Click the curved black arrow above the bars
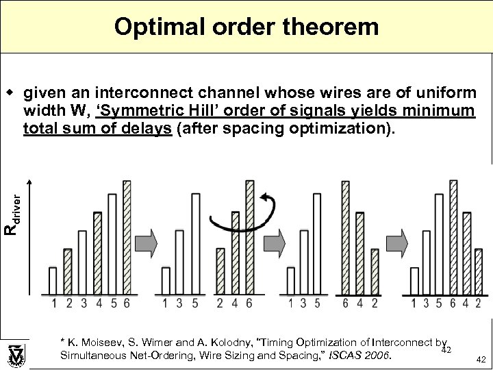pyautogui.click(x=243, y=214)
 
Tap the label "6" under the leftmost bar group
pyautogui.click(x=127, y=302)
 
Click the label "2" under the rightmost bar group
pyautogui.click(x=477, y=302)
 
